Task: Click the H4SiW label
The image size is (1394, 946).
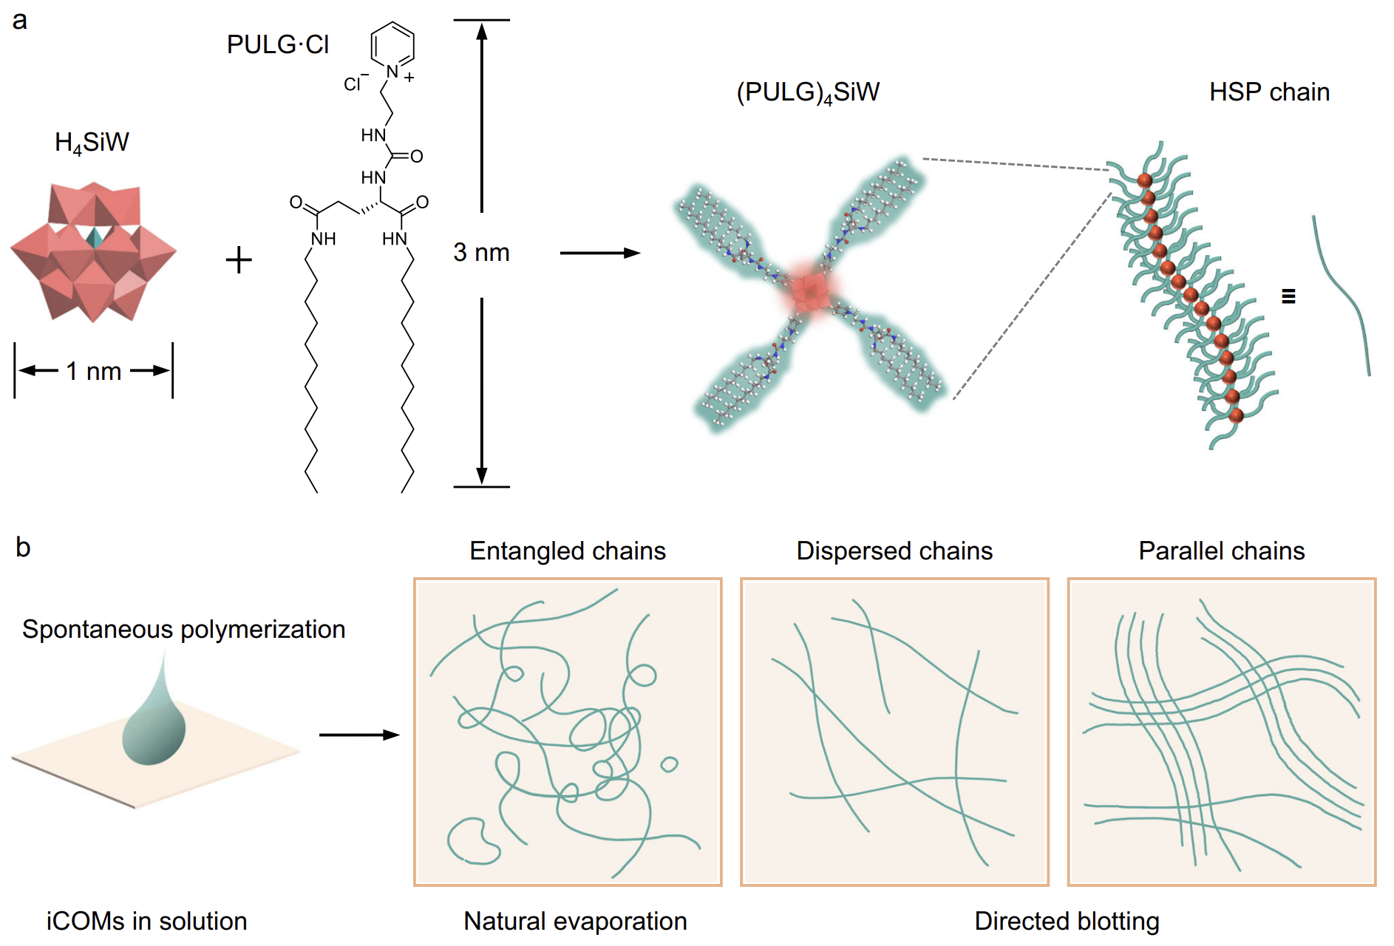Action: click(92, 142)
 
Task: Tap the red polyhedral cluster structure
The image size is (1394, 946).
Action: click(93, 251)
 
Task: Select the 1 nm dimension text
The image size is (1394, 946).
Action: click(93, 371)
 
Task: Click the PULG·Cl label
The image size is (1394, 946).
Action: click(277, 45)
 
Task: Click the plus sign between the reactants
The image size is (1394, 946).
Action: click(239, 260)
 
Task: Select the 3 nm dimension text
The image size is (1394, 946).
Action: click(481, 253)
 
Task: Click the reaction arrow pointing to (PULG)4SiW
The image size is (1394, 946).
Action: click(599, 253)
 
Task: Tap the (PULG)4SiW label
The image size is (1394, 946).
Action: click(808, 92)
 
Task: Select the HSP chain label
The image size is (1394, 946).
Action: click(1269, 92)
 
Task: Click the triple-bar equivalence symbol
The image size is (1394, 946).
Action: click(1288, 296)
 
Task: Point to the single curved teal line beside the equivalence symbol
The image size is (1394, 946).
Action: click(1342, 296)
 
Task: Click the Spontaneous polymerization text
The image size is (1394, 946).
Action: click(183, 629)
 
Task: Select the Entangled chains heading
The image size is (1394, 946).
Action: click(568, 551)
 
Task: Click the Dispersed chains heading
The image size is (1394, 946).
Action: click(894, 551)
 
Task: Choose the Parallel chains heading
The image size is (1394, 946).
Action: click(1221, 551)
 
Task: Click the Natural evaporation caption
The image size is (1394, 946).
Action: click(575, 921)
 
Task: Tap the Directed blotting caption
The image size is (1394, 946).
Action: click(1067, 921)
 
